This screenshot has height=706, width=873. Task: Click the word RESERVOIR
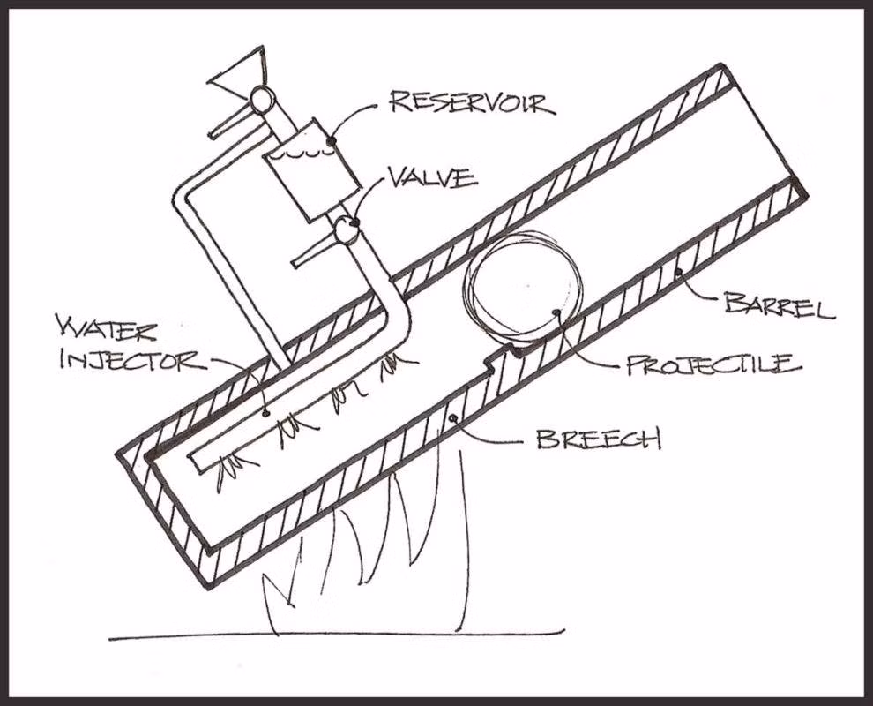(473, 103)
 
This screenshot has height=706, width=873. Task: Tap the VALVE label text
(432, 177)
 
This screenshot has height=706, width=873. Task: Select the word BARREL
(780, 306)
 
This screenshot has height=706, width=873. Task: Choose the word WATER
(107, 330)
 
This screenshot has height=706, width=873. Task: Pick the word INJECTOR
(132, 360)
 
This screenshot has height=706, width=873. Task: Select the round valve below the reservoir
(346, 229)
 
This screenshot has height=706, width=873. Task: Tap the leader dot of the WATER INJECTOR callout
(266, 413)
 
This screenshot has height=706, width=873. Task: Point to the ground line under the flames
(337, 635)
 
